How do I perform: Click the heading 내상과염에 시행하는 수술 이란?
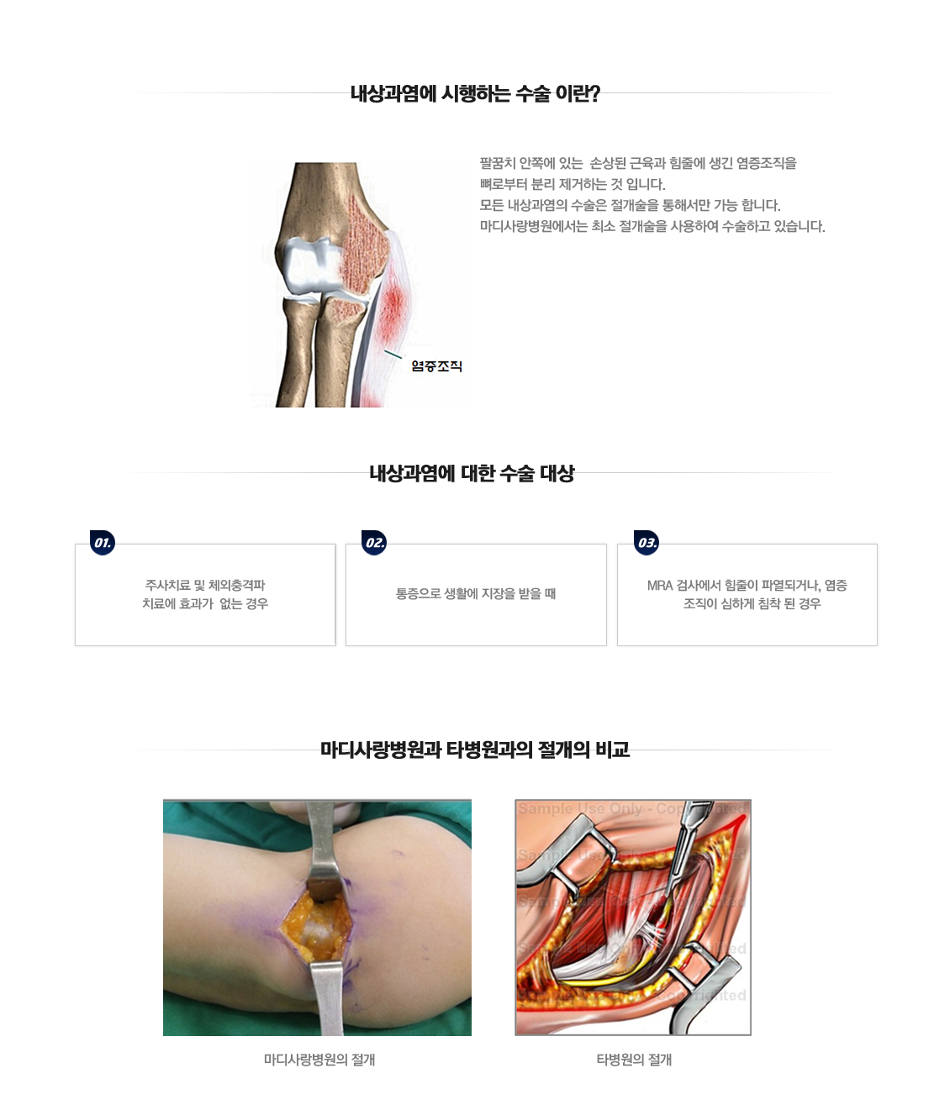point(475,93)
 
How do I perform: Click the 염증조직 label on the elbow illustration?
point(436,366)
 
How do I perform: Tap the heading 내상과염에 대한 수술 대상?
point(472,474)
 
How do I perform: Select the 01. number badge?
point(103,543)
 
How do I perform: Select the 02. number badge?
point(374,543)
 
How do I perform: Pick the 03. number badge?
point(647,543)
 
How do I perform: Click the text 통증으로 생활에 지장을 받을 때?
point(476,594)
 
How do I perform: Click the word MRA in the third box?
point(660,586)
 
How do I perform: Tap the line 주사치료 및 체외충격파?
point(205,585)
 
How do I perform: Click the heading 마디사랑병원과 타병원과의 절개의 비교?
point(475,750)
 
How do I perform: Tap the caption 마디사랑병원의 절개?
point(319,1060)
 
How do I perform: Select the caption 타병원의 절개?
point(634,1060)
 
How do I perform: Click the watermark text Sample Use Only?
point(580,809)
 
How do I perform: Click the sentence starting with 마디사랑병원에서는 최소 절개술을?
point(652,227)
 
